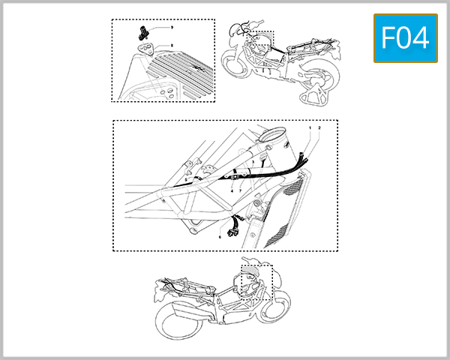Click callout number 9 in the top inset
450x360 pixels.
pyautogui.click(x=172, y=27)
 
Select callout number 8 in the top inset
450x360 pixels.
pyautogui.click(x=172, y=46)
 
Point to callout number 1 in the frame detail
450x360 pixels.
pyautogui.click(x=310, y=129)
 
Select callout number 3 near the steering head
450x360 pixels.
pyautogui.click(x=253, y=162)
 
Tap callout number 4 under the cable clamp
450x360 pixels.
pyautogui.click(x=232, y=191)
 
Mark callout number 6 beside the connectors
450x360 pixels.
pyautogui.click(x=220, y=237)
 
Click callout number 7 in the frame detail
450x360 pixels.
pyautogui.click(x=240, y=191)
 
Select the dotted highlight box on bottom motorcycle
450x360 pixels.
pyautogui.click(x=255, y=281)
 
